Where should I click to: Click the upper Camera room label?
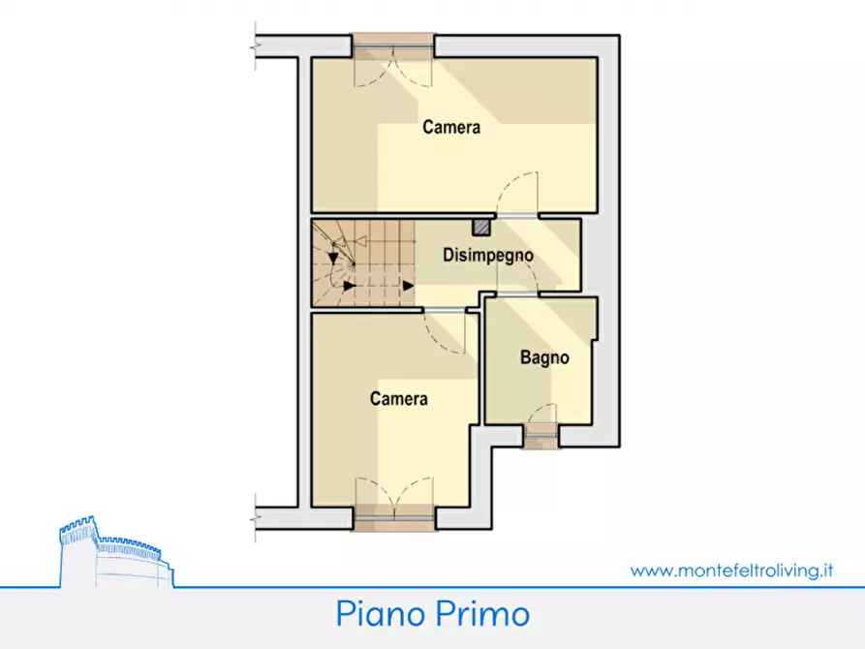click(451, 127)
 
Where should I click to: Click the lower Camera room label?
click(399, 398)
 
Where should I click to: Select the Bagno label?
click(544, 357)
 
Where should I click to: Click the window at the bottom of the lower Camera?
click(392, 518)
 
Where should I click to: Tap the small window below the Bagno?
click(541, 437)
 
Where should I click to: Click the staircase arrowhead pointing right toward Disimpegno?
click(408, 285)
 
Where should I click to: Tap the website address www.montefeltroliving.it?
click(732, 571)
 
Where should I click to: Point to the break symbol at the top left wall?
click(256, 46)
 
